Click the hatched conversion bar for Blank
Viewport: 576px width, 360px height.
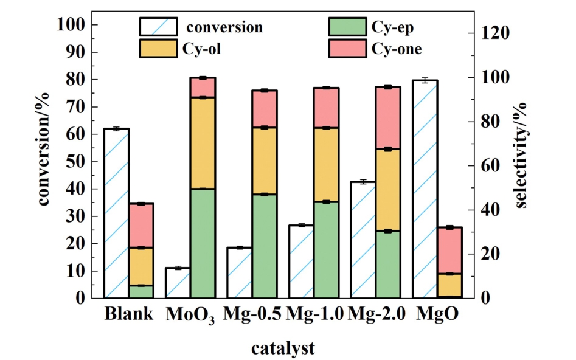click(x=116, y=213)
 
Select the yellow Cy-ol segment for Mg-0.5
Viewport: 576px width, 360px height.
click(x=265, y=161)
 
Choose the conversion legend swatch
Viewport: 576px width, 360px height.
click(x=158, y=27)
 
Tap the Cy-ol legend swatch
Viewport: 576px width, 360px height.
click(x=158, y=49)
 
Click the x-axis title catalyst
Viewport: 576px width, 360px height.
click(x=283, y=348)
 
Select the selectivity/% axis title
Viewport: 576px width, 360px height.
click(x=522, y=155)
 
